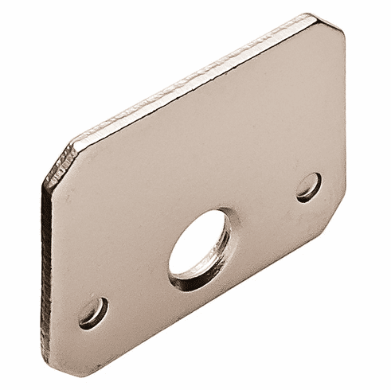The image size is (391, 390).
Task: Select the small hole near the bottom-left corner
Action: pyautogui.click(x=94, y=312)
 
